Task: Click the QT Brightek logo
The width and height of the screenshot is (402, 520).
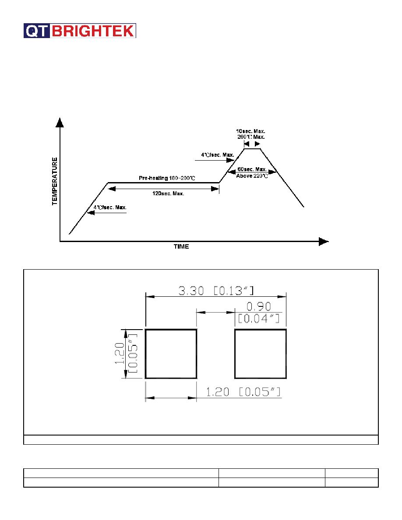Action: point(80,31)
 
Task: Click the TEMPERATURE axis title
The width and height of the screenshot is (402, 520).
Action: point(55,181)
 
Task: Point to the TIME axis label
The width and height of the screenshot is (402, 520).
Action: point(181,246)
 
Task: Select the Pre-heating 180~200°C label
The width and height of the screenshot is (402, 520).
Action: point(167,178)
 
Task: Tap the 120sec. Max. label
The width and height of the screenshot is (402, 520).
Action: point(168,193)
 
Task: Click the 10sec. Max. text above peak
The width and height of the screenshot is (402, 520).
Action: point(250,131)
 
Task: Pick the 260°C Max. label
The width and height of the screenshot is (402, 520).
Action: point(251,137)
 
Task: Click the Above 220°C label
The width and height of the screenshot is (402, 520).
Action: point(252,176)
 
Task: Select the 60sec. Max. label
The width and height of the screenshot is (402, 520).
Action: point(252,169)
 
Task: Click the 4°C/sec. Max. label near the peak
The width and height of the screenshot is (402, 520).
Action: point(218,155)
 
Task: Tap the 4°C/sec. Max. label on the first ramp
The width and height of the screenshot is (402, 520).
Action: point(110,207)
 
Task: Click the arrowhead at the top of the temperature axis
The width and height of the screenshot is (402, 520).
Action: point(60,123)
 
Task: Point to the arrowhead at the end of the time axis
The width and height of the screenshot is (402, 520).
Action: point(324,242)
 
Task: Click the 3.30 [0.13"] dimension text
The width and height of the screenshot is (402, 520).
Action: point(216,291)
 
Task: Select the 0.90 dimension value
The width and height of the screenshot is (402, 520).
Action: point(259,306)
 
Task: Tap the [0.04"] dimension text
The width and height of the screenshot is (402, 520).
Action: point(259,318)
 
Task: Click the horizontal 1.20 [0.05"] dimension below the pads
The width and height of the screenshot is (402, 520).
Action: point(243,392)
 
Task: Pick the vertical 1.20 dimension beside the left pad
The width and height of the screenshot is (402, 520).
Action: point(120,354)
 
